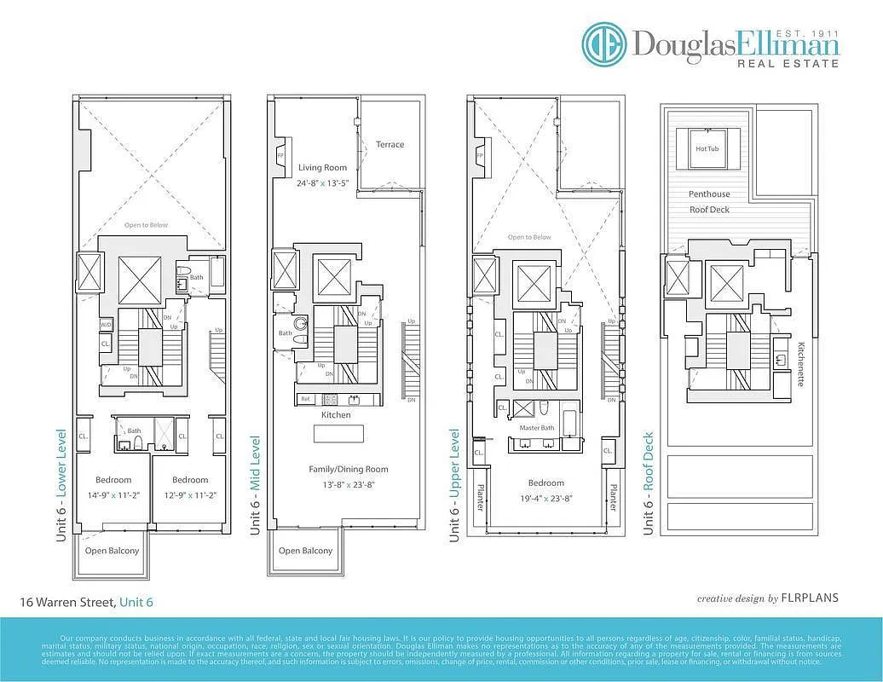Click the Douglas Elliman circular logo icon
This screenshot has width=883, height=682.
(604, 44)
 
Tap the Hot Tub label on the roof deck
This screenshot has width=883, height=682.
(707, 148)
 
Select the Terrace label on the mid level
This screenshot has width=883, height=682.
(390, 144)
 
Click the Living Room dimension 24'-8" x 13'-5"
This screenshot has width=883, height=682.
(323, 183)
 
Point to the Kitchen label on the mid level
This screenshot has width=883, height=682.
(336, 414)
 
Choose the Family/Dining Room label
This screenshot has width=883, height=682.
(349, 469)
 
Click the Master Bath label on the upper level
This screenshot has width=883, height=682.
(536, 427)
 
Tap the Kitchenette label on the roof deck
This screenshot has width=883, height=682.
(801, 364)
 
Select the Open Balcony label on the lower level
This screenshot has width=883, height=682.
(112, 551)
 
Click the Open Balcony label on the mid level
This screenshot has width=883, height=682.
(305, 551)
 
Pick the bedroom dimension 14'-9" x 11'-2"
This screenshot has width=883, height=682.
(113, 495)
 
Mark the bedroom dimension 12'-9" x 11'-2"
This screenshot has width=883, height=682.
(189, 495)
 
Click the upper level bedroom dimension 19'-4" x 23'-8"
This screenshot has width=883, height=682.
(545, 499)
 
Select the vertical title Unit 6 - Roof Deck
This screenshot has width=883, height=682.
(649, 483)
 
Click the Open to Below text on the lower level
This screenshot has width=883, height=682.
(147, 225)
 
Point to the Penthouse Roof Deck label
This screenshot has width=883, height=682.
(709, 201)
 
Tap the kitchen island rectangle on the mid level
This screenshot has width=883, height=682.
(339, 434)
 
